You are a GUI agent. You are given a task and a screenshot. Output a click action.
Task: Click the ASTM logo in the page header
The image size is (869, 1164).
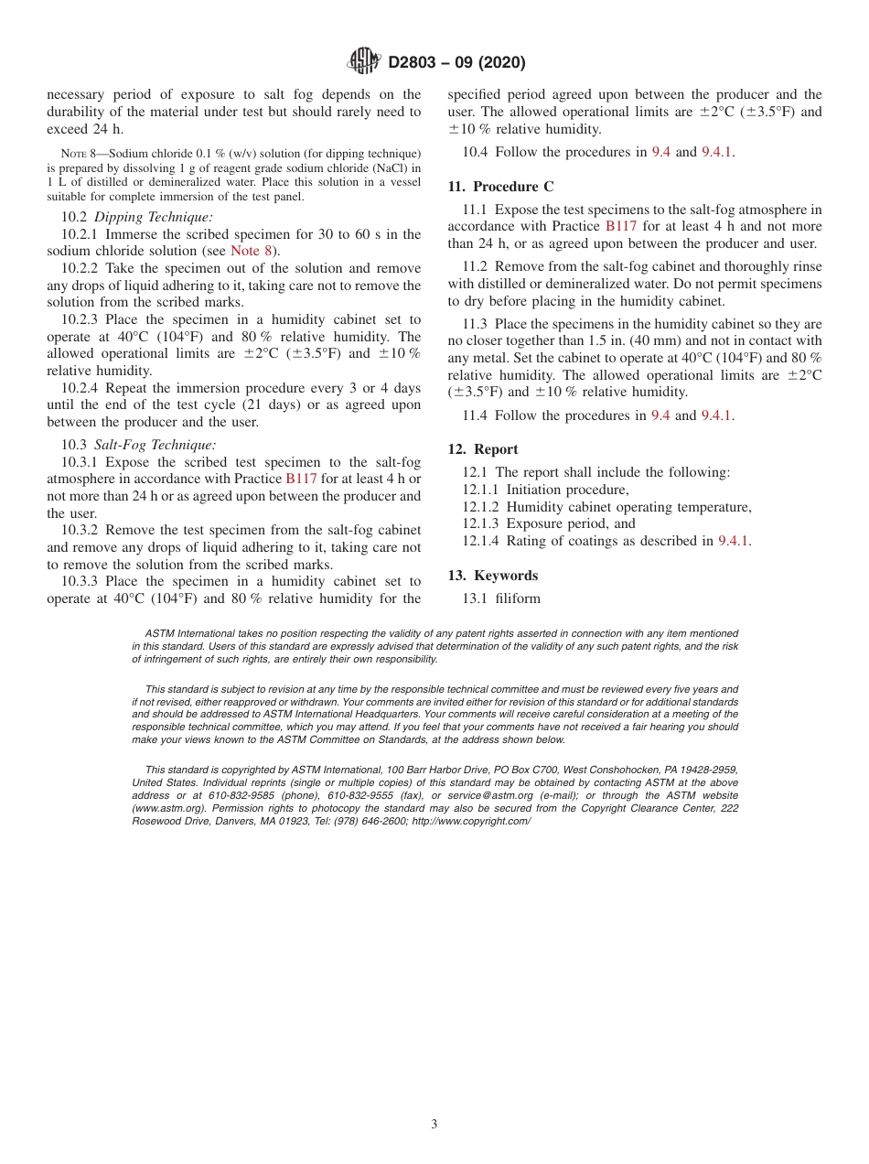[x=363, y=62]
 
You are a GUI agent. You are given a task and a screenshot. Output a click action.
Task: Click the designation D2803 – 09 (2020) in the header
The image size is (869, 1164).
[x=456, y=63]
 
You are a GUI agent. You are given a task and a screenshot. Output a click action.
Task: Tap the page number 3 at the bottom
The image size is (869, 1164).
[x=434, y=1125]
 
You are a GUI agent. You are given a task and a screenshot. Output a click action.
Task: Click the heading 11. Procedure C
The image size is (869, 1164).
[x=500, y=187]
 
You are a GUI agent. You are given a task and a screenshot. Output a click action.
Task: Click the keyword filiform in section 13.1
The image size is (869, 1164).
[x=518, y=598]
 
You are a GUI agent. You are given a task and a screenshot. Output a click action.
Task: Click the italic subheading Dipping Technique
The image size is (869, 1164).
[x=154, y=217]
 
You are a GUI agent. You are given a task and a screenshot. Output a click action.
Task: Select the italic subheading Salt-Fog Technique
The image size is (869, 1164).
[x=156, y=445]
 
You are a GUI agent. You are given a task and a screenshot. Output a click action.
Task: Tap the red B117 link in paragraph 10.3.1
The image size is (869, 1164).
[x=301, y=479]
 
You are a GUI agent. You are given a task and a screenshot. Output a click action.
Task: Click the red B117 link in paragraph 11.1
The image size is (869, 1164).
[x=621, y=226]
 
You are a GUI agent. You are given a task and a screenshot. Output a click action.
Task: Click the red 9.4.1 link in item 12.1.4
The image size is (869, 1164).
[x=733, y=541]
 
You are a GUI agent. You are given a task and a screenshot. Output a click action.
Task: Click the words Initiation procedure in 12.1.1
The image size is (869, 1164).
[x=567, y=490]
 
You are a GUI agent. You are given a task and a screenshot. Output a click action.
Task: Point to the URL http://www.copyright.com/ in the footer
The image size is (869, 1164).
[x=471, y=821]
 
